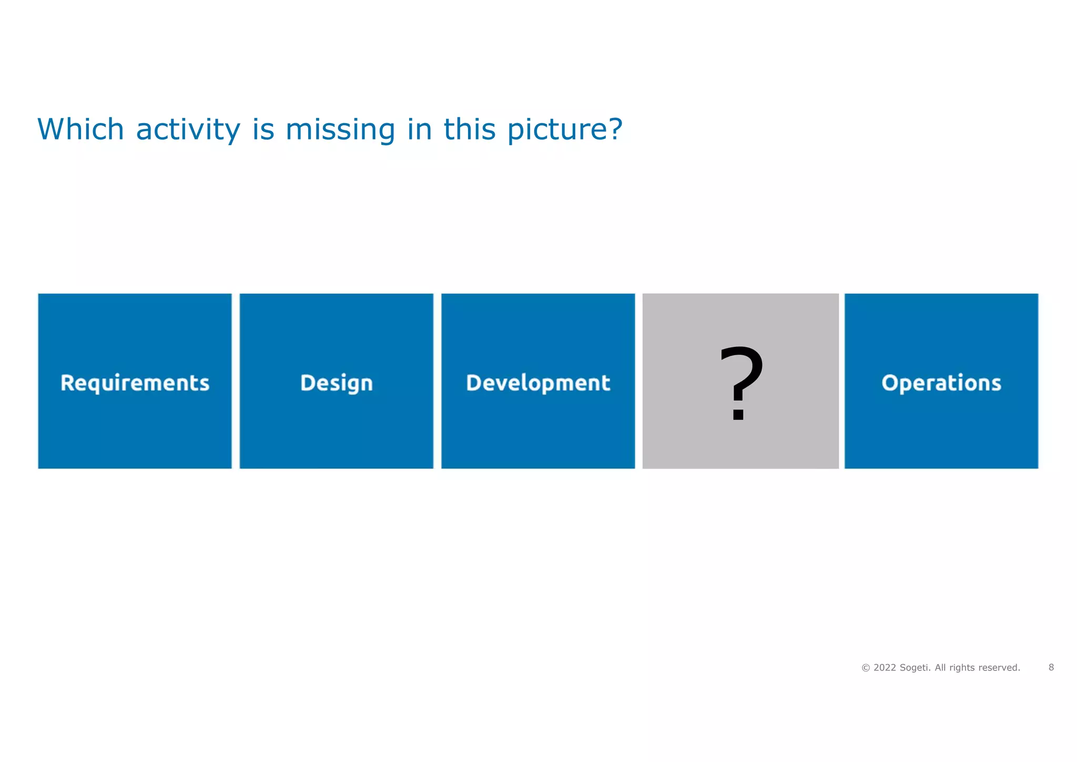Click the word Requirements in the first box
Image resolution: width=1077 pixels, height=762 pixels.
pyautogui.click(x=135, y=383)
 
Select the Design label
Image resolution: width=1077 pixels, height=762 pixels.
pyautogui.click(x=337, y=383)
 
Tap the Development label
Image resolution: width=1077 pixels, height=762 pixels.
pyautogui.click(x=538, y=383)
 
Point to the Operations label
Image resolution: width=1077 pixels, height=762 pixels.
pyautogui.click(x=941, y=383)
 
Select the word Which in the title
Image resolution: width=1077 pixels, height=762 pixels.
pyautogui.click(x=80, y=129)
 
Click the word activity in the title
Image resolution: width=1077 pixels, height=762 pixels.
pyautogui.click(x=188, y=129)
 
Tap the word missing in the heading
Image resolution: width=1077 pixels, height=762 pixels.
pyautogui.click(x=340, y=129)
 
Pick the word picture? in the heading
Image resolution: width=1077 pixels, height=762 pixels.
pyautogui.click(x=565, y=129)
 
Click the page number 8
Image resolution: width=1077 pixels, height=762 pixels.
pyautogui.click(x=1051, y=667)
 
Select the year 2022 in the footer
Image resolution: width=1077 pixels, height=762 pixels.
pyautogui.click(x=885, y=668)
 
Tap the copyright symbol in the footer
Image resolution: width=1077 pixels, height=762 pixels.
pyautogui.click(x=866, y=668)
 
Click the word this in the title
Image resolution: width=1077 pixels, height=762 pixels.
pyautogui.click(x=470, y=129)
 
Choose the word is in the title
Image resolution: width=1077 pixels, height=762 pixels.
pyautogui.click(x=263, y=129)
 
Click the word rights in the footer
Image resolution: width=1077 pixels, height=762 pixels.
pyautogui.click(x=962, y=668)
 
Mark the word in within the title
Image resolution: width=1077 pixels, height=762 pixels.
pyautogui.click(x=419, y=129)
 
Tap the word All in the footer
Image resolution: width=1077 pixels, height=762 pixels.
pyautogui.click(x=940, y=668)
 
